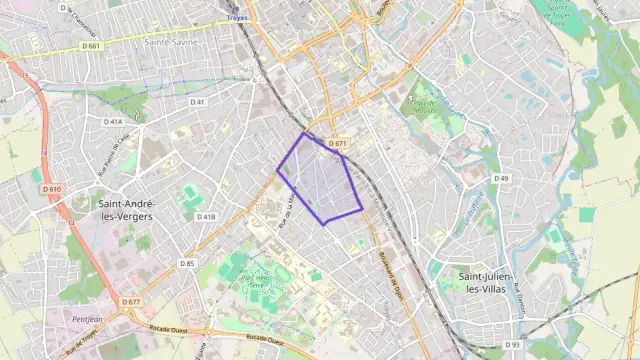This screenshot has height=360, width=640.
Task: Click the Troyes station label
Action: point(237,18)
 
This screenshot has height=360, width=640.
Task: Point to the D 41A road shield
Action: point(112,121)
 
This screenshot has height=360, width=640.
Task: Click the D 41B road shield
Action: point(206,216)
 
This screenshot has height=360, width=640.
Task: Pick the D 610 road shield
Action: point(52,189)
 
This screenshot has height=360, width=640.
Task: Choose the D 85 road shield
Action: point(187,263)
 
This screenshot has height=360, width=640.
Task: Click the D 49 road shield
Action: point(501,178)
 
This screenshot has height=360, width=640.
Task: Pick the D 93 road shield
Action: point(513,345)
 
